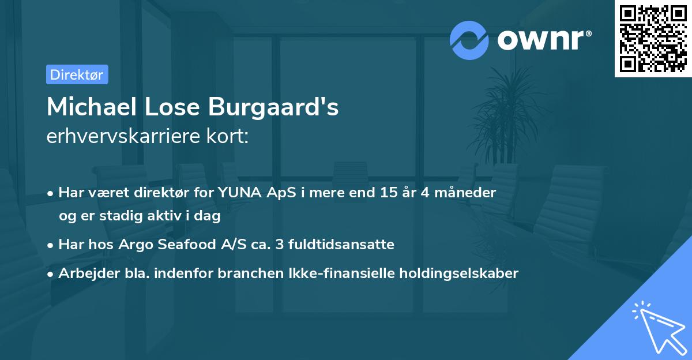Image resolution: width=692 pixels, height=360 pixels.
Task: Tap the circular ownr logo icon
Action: click(x=469, y=40)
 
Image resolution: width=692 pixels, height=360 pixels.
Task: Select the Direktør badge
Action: click(x=77, y=74)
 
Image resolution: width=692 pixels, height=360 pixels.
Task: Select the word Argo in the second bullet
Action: click(x=134, y=244)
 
